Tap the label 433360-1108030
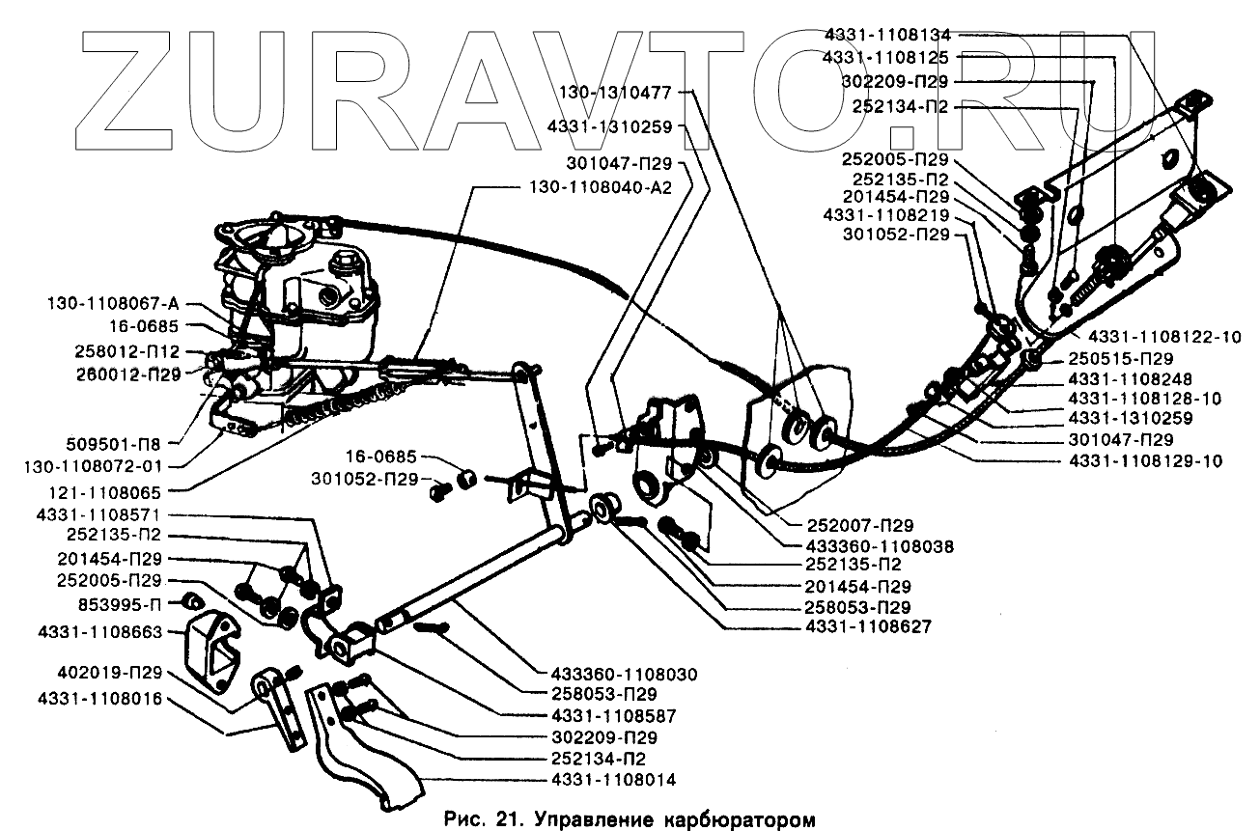[x=626, y=674]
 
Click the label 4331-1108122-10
[x=1164, y=338]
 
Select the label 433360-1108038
[x=879, y=546]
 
